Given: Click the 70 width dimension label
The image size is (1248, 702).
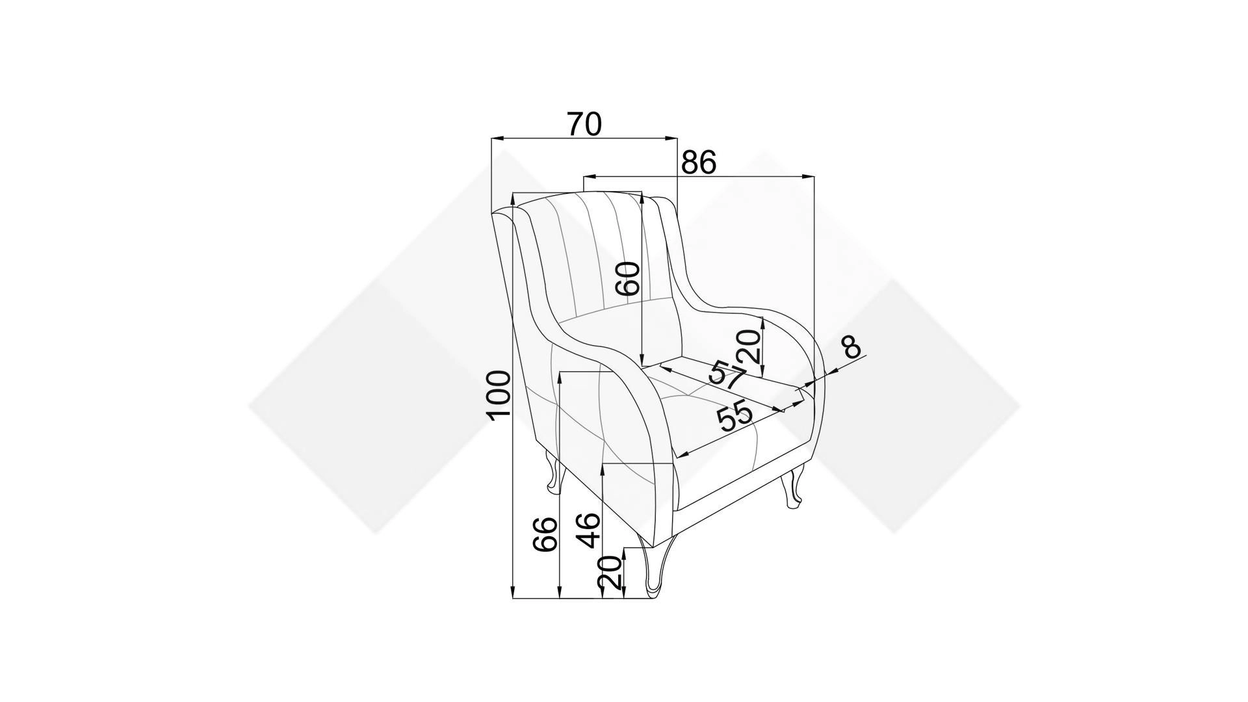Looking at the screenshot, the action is pyautogui.click(x=584, y=124).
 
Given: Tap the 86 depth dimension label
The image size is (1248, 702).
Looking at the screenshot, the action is pyautogui.click(x=698, y=162).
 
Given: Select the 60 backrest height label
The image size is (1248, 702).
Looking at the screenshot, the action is pyautogui.click(x=629, y=279).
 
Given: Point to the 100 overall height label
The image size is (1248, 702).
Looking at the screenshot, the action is pyautogui.click(x=499, y=395).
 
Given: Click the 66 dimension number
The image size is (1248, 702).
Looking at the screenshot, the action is pyautogui.click(x=545, y=534).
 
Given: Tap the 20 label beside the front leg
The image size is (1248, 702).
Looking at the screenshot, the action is pyautogui.click(x=610, y=572).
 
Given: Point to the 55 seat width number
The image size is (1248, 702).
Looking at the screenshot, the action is pyautogui.click(x=734, y=416).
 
